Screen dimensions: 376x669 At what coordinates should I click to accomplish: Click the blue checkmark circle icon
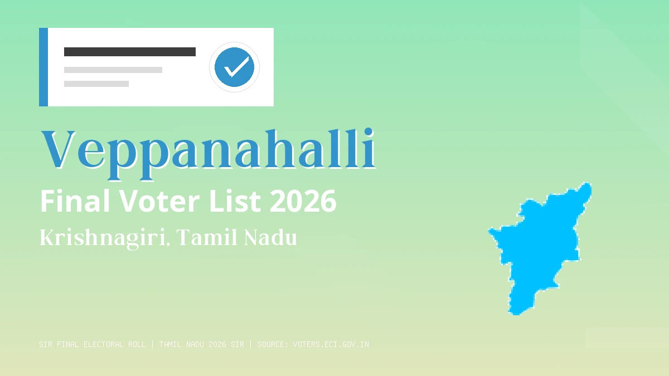pos(234,67)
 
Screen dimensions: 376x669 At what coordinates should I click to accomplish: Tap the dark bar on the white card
pos(129,52)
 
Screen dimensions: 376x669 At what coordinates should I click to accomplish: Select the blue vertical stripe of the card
pos(43,67)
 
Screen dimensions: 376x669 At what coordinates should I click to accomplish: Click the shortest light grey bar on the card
pos(96,84)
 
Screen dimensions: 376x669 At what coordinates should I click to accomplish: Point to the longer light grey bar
pos(113,70)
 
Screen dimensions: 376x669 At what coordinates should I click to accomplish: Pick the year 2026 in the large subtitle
pos(303,202)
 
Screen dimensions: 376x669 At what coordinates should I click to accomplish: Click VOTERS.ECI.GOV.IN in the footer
pos(331,344)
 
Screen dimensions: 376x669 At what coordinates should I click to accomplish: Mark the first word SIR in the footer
pos(46,344)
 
